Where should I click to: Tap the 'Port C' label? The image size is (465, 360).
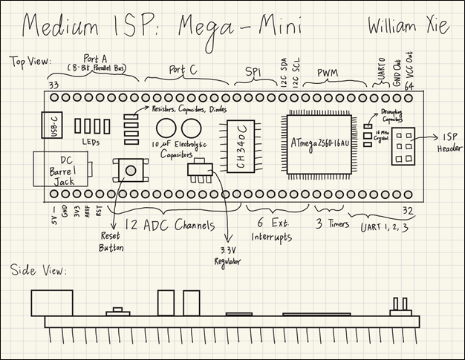(x=183, y=70)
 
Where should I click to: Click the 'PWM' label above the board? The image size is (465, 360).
(x=328, y=73)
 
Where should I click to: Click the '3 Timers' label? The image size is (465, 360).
(x=328, y=223)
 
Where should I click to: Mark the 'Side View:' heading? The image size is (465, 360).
(x=39, y=270)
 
